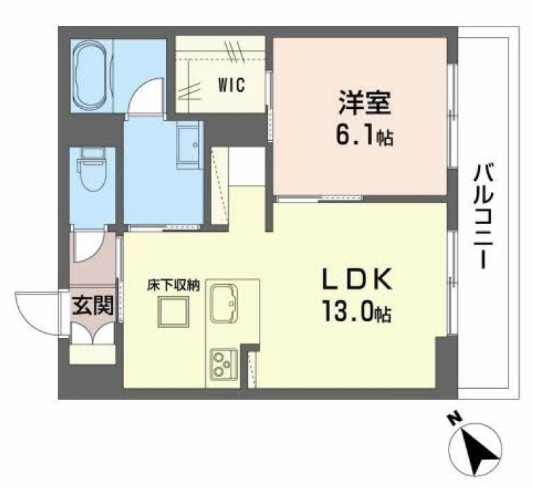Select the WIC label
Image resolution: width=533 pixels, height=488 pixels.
coord(230,87)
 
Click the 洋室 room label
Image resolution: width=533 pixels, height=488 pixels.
coord(361,106)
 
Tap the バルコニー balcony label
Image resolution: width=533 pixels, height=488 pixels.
coord(481,216)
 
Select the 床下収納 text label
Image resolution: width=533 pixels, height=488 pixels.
coord(174,286)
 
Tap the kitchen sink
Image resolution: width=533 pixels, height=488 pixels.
coord(224,302)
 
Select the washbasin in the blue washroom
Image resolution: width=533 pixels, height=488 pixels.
coord(188,147)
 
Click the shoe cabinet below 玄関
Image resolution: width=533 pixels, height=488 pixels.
coord(93,353)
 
